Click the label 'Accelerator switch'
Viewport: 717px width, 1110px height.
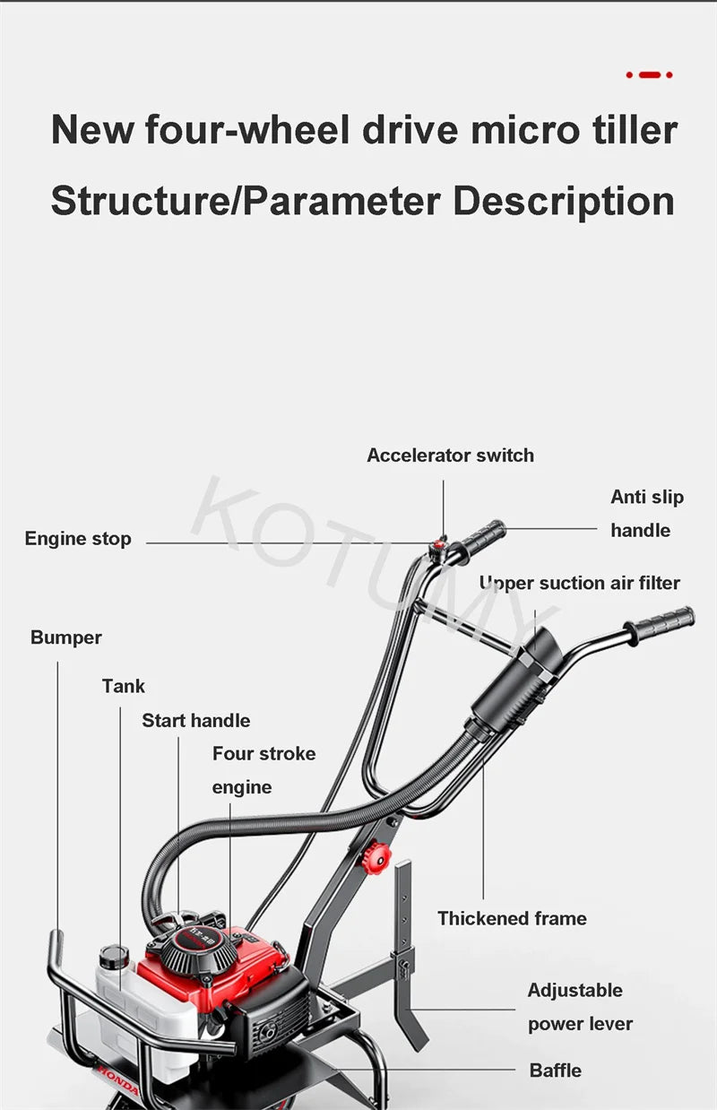click(x=450, y=455)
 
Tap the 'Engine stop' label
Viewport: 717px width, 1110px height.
click(x=78, y=539)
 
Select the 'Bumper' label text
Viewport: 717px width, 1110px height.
click(x=66, y=637)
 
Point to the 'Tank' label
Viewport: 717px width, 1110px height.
click(x=124, y=686)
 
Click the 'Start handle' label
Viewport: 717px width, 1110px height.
click(x=195, y=720)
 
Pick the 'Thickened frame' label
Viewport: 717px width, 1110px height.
click(x=512, y=918)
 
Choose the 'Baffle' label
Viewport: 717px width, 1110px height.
click(x=555, y=1070)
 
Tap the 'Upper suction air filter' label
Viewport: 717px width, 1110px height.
click(x=579, y=583)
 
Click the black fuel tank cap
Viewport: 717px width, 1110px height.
click(x=114, y=956)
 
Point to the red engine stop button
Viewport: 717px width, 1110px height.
click(x=439, y=543)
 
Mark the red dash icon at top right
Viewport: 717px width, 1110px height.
click(x=649, y=75)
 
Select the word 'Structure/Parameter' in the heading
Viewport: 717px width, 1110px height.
click(x=246, y=201)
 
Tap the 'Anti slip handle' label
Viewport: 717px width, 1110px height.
click(x=646, y=513)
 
